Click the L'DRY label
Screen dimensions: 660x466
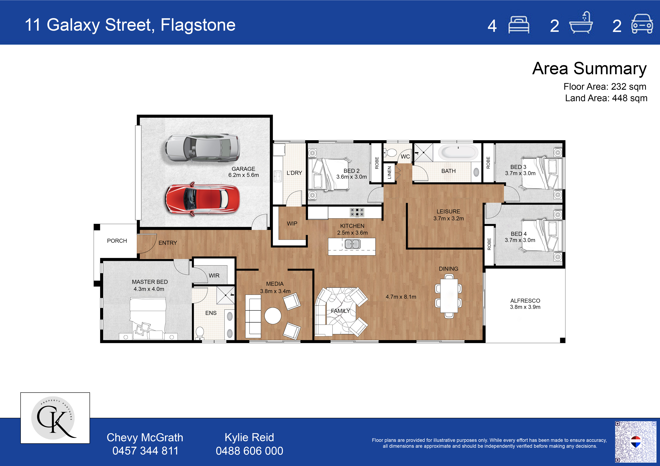pos(294,173)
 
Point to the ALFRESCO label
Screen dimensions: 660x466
pos(525,301)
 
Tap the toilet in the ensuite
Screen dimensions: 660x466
pos(200,333)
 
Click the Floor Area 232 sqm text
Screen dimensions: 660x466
pos(605,86)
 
